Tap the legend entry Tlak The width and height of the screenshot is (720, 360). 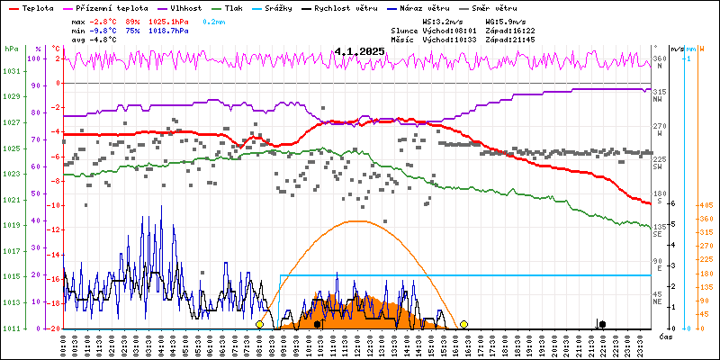pyautogui.click(x=255, y=7)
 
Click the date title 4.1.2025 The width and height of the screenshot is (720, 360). pyautogui.click(x=359, y=51)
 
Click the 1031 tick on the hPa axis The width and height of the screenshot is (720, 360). pyautogui.click(x=11, y=71)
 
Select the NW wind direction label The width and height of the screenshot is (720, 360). pyautogui.click(x=659, y=99)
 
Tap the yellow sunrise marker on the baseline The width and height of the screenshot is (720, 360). pyautogui.click(x=260, y=324)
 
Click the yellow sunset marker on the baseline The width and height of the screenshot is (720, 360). pyautogui.click(x=463, y=324)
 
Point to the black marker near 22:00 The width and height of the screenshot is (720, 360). pyautogui.click(x=602, y=324)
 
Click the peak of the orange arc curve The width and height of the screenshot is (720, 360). pyautogui.click(x=358, y=220)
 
